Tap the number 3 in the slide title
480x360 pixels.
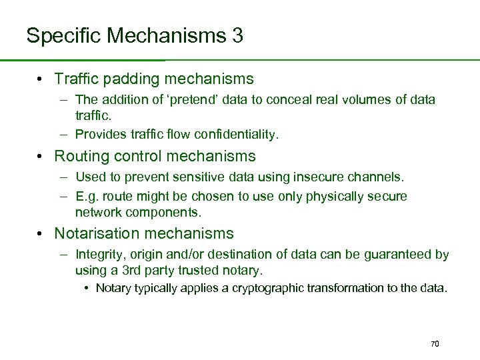coord(238,35)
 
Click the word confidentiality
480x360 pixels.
coord(236,134)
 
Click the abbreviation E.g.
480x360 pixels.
coord(88,197)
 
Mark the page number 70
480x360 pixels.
coord(435,343)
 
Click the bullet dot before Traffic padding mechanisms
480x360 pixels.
coord(41,79)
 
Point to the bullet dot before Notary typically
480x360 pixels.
coord(87,288)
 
